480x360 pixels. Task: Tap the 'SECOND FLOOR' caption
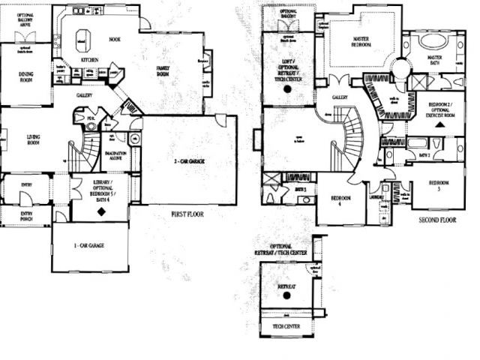pos(437,220)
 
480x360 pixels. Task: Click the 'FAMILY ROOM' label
pos(163,70)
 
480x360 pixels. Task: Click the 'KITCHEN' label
pos(89,60)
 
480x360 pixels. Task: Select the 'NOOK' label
pos(114,40)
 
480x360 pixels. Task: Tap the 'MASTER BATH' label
pos(434,59)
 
